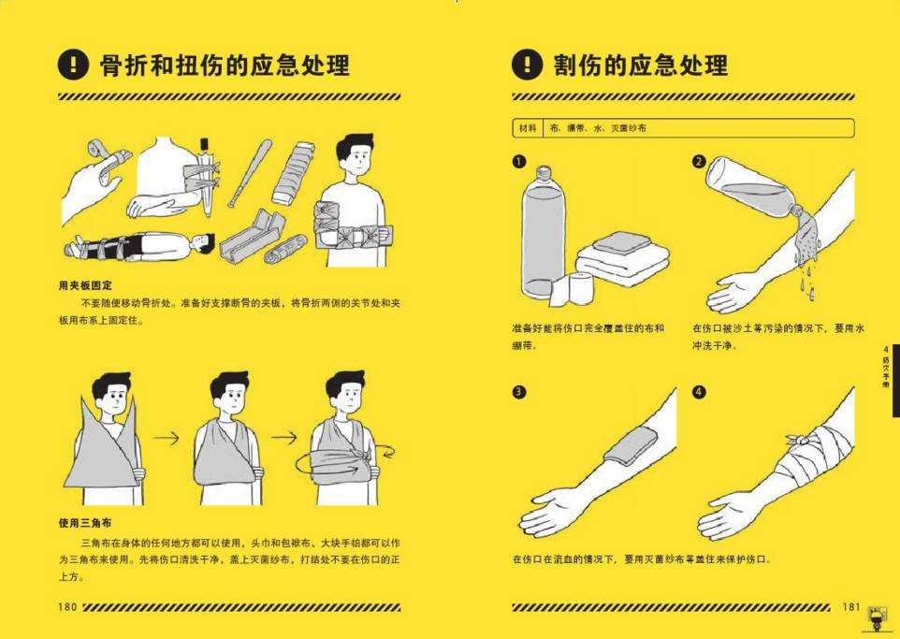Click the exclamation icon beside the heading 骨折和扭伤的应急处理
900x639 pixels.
73,65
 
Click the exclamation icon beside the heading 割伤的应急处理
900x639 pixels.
527,65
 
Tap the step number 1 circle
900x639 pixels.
518,162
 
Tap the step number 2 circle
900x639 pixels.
699,162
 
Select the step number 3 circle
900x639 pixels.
518,391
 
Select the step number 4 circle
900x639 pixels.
699,391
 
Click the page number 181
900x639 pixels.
849,607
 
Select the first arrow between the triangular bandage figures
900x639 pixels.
166,437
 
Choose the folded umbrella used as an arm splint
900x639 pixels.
204,173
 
